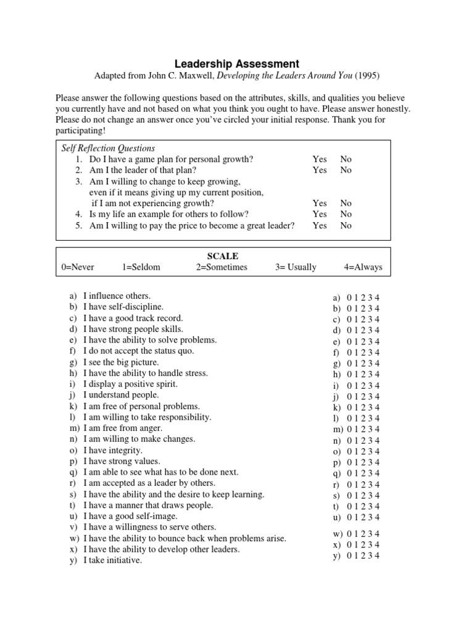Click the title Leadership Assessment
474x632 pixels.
click(x=236, y=64)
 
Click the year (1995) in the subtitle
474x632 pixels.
click(x=366, y=76)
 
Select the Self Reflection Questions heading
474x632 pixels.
click(x=108, y=148)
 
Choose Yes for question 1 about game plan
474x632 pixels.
click(x=320, y=159)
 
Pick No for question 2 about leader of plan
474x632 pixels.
click(x=346, y=170)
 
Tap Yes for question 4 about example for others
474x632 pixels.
click(x=320, y=214)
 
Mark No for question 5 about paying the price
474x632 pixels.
click(x=346, y=225)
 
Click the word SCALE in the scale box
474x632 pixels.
click(x=223, y=256)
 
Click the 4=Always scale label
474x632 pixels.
click(x=363, y=267)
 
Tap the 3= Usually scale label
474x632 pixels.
click(x=296, y=267)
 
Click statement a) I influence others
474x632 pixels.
click(x=117, y=296)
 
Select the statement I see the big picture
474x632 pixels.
click(x=121, y=362)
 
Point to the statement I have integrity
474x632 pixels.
click(x=113, y=451)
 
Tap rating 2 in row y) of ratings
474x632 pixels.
click(x=364, y=555)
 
